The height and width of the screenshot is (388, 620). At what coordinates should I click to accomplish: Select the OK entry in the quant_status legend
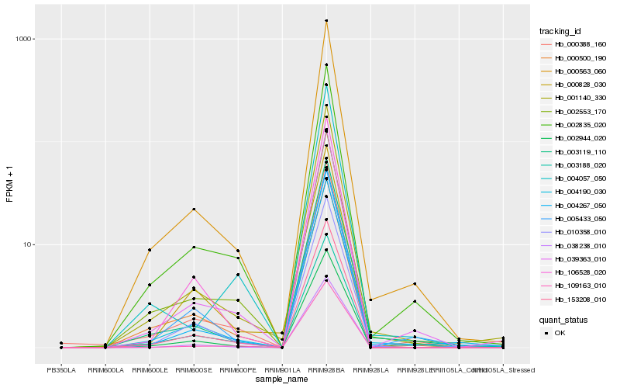560,333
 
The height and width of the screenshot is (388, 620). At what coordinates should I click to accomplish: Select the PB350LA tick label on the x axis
61,369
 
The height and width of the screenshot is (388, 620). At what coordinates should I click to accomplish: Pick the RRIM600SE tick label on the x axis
194,369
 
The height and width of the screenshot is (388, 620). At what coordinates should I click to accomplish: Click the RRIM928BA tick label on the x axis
326,369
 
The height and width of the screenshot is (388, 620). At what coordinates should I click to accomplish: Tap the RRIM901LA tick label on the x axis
282,369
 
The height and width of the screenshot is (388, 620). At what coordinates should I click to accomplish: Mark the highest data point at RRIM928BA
326,21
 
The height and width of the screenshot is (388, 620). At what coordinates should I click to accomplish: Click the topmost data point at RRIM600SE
194,210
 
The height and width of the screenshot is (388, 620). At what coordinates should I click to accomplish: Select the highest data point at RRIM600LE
150,250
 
